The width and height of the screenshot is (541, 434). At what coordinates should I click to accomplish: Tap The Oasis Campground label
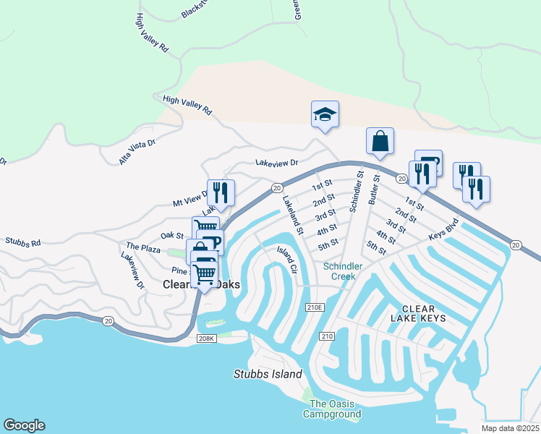click(x=335, y=409)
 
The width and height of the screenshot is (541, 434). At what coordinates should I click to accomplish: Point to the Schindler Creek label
click(x=344, y=271)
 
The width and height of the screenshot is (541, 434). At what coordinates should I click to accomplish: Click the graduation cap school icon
click(x=325, y=114)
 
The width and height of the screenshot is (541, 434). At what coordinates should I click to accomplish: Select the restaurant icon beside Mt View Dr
click(x=221, y=192)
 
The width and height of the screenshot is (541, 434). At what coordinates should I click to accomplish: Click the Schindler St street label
click(x=354, y=191)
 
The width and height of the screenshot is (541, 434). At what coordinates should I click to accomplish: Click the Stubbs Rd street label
click(x=23, y=242)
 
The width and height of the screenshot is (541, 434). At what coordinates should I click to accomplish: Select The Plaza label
click(x=142, y=247)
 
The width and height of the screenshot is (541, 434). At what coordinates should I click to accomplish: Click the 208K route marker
click(x=206, y=339)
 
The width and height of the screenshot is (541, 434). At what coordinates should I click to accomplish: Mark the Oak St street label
click(x=172, y=235)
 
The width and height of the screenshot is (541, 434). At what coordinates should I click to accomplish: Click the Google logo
click(x=24, y=425)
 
